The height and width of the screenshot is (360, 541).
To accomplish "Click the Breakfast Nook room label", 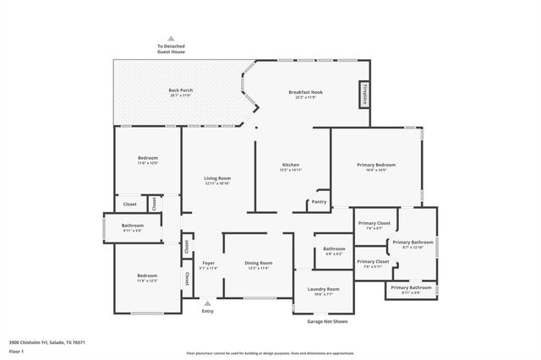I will tap(305, 93).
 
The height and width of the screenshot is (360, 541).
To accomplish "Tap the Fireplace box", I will tap(365, 94).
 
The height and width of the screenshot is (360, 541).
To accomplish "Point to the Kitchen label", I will tap(291, 166).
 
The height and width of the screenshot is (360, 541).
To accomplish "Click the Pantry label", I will tap(319, 201).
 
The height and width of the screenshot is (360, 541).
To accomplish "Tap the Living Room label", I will tap(217, 180).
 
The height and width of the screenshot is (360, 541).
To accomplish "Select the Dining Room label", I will tap(259, 265).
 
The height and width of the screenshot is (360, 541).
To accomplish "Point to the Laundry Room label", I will tap(317, 291).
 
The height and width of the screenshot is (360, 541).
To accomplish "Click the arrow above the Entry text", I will tap(208, 302).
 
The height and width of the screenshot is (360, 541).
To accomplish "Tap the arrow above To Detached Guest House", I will tap(171, 38).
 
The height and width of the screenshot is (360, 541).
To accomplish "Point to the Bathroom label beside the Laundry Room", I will tap(333, 250).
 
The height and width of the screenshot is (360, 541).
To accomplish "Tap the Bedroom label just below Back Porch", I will tap(148, 160).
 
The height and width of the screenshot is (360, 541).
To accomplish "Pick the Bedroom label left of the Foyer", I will tap(148, 277).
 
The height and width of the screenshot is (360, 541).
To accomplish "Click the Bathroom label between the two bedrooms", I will tap(133, 226).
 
